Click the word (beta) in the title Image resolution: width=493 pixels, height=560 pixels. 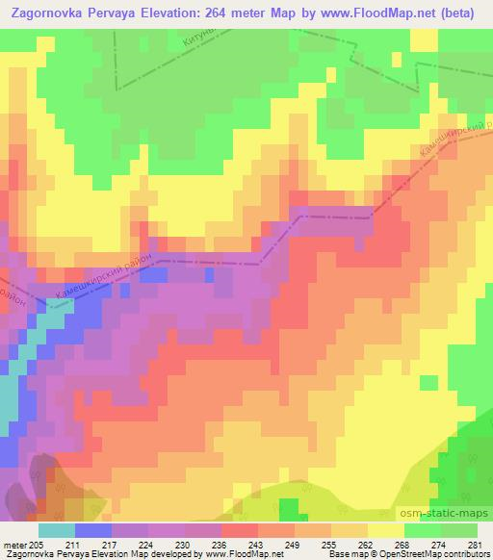[463, 13]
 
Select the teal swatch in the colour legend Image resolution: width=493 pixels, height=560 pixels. [57, 530]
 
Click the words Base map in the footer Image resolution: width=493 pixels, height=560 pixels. [344, 554]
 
